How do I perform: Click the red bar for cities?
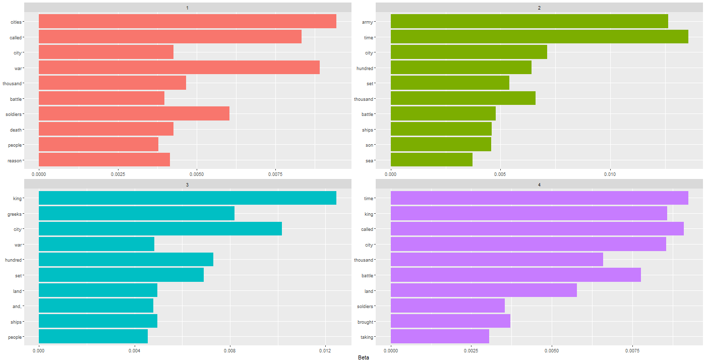187,21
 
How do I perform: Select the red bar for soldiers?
134,113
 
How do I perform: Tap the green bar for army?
529,21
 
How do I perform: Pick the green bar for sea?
431,159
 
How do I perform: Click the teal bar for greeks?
136,213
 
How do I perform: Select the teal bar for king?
187,198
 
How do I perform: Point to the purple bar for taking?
440,336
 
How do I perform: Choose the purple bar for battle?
515,275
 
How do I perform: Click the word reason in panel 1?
15,161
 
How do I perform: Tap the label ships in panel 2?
367,130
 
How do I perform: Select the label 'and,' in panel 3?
15,307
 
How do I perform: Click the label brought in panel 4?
365,322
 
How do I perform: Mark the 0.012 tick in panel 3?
325,350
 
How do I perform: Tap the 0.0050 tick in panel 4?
552,350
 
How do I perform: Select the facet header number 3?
187,185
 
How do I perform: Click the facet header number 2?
539,8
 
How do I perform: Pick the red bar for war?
179,67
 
